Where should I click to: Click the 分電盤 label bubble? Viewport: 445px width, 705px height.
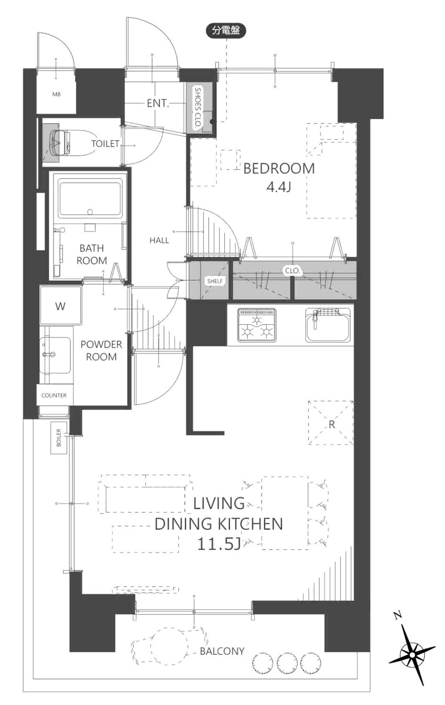click(x=225, y=31)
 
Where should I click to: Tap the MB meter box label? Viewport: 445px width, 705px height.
click(x=57, y=94)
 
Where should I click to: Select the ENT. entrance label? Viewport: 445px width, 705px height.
click(x=158, y=103)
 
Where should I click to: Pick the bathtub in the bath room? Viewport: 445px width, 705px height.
click(x=90, y=200)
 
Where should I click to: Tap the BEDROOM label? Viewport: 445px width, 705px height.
click(x=279, y=169)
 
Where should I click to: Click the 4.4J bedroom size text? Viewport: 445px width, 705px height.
click(x=278, y=187)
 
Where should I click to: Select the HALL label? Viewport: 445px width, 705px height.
click(x=159, y=241)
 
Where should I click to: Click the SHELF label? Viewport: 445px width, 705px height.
click(x=215, y=281)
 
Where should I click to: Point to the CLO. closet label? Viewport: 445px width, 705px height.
click(x=293, y=271)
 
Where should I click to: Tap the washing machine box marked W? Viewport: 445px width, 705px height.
click(x=61, y=305)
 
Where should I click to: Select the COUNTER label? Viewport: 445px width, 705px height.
click(x=54, y=395)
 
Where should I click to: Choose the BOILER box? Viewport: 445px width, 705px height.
click(x=59, y=438)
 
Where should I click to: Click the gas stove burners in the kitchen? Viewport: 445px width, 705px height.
click(x=257, y=325)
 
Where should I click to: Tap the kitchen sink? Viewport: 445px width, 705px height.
click(x=328, y=325)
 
